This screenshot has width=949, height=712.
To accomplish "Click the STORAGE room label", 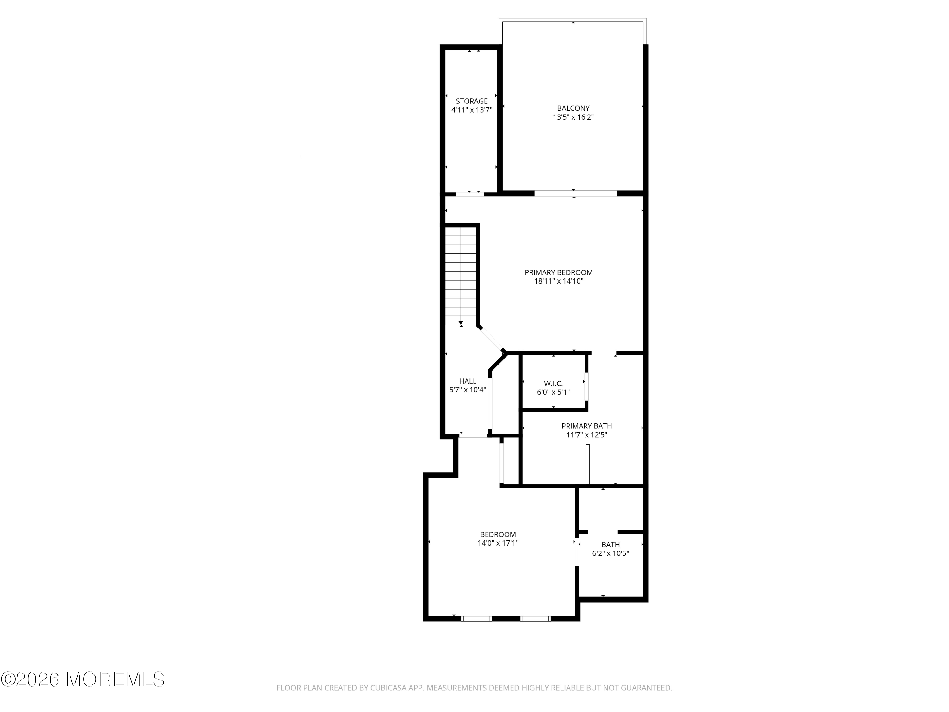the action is click(x=472, y=101).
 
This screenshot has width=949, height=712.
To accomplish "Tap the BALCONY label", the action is click(x=573, y=108).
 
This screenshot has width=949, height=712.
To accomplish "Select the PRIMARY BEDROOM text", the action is click(x=559, y=272).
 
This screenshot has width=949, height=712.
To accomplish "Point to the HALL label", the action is click(x=468, y=381).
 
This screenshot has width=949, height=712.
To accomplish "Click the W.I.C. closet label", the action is click(x=554, y=383).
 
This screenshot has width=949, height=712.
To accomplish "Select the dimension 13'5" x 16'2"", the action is click(x=573, y=117).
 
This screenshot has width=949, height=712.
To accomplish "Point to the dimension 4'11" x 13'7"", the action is click(x=472, y=110).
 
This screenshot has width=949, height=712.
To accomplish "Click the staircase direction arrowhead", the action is click(x=461, y=323).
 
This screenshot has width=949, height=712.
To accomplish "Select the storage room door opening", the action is click(x=470, y=194).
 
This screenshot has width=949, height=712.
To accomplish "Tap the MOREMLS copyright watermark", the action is click(x=82, y=679).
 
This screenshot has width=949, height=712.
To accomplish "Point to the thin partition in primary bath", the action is click(x=588, y=464).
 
